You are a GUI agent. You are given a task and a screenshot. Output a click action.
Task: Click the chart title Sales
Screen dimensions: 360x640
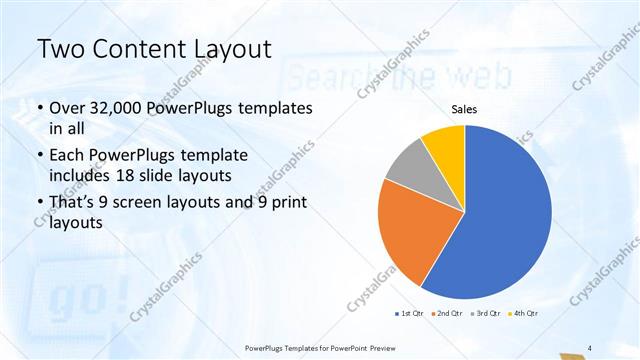[x=465, y=109]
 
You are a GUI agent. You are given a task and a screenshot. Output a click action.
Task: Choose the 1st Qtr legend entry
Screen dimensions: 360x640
[x=409, y=314]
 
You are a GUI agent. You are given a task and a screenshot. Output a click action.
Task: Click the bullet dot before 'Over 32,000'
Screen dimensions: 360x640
[x=39, y=109]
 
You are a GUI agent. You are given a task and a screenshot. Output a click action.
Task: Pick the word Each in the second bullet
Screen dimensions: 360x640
[x=69, y=156]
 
